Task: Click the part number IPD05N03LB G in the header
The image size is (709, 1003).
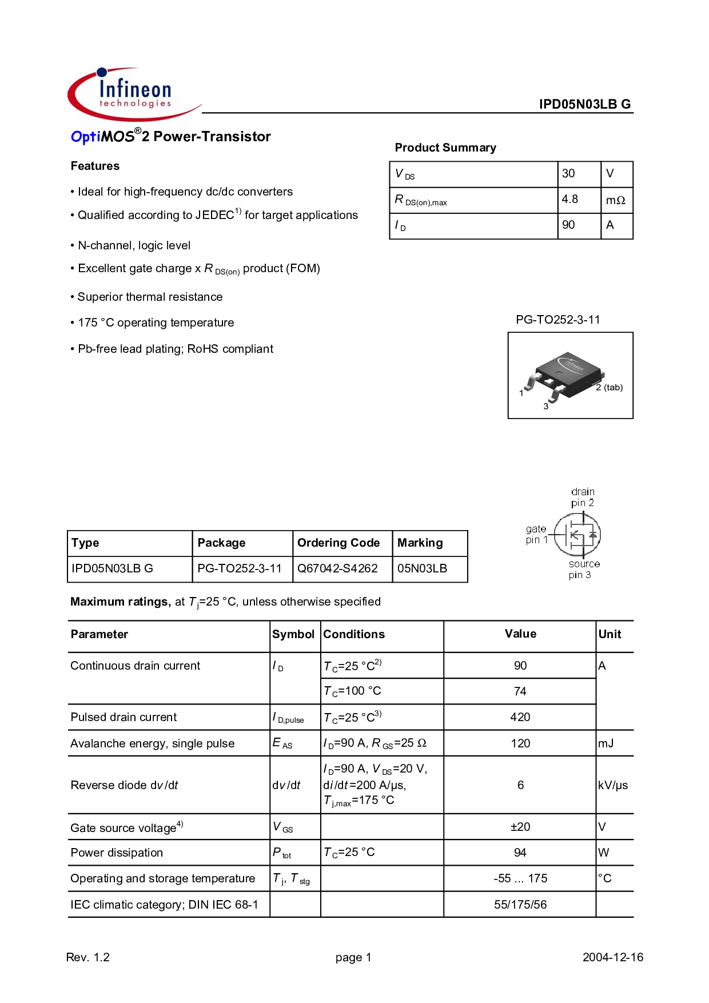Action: coord(585,104)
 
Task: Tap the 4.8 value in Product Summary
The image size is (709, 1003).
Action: coord(570,199)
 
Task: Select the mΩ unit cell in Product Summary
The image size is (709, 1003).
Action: coord(616,200)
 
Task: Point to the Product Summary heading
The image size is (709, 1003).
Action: coord(445,148)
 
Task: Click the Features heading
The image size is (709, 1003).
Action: coord(95,166)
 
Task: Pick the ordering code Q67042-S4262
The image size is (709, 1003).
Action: coord(337,568)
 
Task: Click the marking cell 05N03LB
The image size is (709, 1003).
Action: coord(422,568)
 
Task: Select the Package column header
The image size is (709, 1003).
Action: coord(221,543)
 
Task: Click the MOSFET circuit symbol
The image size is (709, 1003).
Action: coord(577,535)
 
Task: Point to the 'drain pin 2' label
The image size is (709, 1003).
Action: coord(583,497)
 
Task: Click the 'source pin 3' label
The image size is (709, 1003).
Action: coord(583,569)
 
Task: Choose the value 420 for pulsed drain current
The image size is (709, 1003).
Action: coord(520,717)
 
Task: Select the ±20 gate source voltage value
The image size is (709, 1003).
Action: coord(520,827)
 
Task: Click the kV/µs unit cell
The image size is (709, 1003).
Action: coord(613,785)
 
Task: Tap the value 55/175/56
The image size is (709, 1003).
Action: coord(520,905)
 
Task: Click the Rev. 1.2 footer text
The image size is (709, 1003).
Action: coord(88,957)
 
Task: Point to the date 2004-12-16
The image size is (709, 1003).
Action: coord(613,957)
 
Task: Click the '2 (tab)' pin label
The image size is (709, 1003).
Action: coord(609,387)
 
